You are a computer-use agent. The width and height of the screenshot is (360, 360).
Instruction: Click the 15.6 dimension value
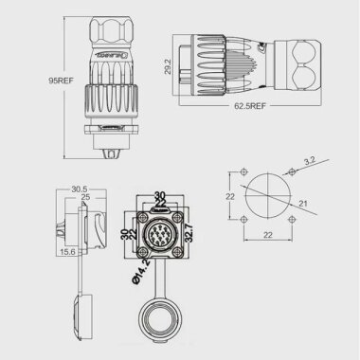pos(65,251)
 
